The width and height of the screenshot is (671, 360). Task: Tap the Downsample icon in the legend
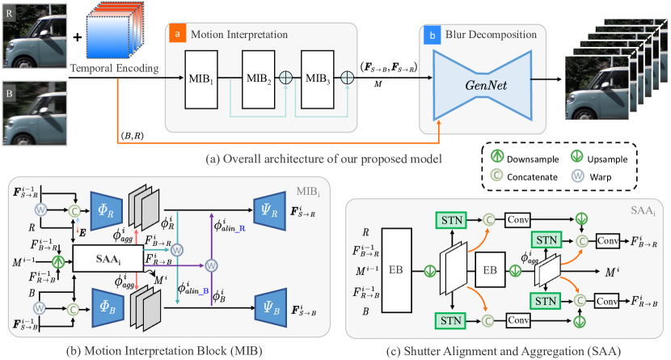click(498, 156)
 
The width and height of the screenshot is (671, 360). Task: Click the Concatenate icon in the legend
click(498, 174)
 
